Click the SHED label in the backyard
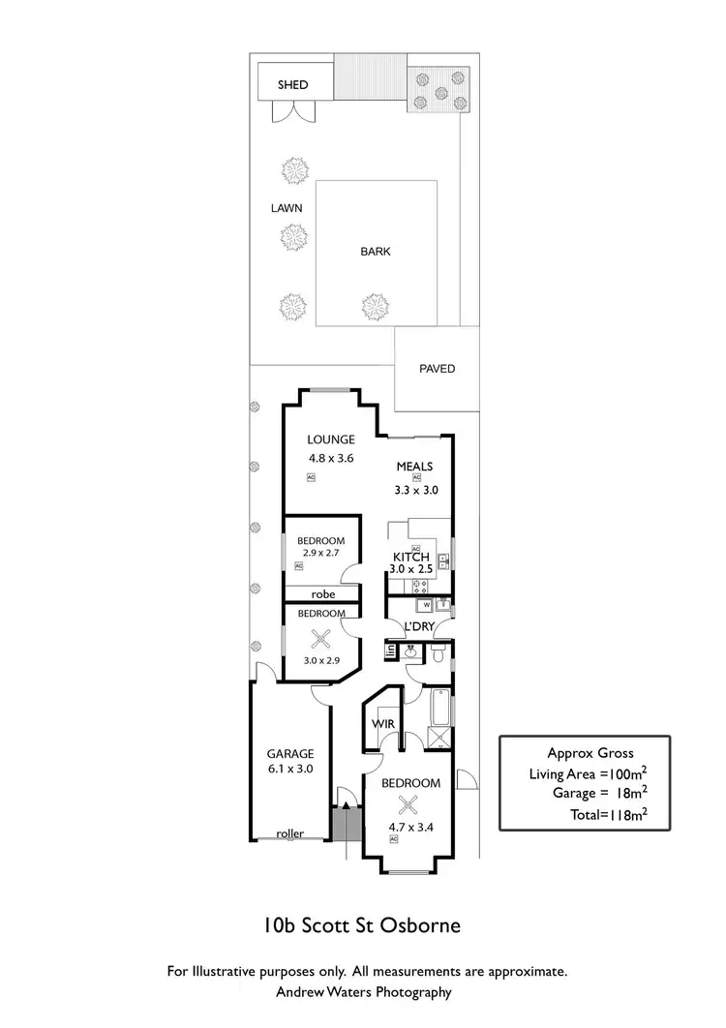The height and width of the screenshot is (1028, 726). click(292, 85)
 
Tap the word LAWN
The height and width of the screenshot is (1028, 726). click(287, 208)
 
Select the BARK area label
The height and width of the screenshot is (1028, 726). click(376, 252)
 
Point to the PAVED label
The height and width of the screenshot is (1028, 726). click(437, 369)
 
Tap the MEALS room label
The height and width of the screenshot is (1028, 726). click(414, 467)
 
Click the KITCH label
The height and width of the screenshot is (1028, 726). click(410, 558)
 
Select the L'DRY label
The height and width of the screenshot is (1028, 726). click(418, 627)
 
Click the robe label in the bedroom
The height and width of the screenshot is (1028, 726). click(322, 594)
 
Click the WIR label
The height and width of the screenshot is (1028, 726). click(381, 723)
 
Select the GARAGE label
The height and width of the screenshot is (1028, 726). click(290, 754)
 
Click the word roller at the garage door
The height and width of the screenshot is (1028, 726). click(289, 832)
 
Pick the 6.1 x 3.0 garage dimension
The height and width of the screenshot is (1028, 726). click(290, 771)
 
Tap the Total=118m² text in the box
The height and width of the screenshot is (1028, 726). click(608, 815)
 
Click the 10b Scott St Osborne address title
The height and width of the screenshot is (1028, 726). click(362, 924)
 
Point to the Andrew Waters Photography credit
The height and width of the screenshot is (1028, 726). click(362, 991)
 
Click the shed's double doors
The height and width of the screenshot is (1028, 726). click(293, 111)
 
